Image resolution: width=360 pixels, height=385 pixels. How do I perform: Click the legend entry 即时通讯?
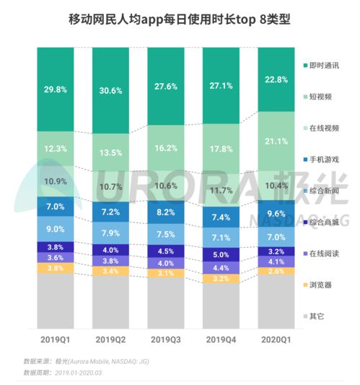tap(322, 66)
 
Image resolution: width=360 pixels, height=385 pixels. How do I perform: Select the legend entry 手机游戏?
tap(322, 158)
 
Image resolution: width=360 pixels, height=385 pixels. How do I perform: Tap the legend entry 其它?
tap(317, 316)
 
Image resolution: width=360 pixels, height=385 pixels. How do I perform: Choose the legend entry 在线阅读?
tap(322, 254)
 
